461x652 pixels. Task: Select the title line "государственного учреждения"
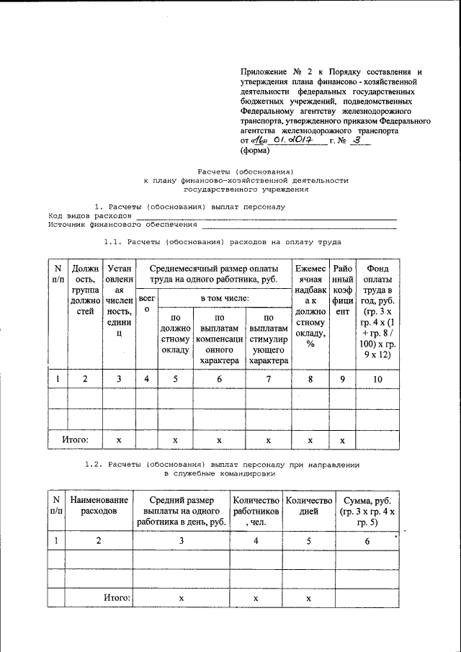246,189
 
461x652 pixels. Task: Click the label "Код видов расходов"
90,215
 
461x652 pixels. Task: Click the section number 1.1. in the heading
115,242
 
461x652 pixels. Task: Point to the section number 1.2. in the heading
96,464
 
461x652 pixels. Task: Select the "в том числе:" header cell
223,297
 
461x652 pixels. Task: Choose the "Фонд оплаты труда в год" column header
379,310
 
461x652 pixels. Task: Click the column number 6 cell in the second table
367,541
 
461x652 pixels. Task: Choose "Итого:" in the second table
117,597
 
